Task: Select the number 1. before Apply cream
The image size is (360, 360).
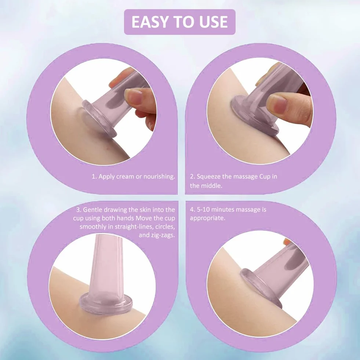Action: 94,176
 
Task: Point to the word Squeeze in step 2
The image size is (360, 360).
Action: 208,177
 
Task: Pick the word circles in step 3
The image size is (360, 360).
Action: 165,227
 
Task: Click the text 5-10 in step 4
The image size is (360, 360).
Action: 203,210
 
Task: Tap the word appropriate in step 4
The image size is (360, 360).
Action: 207,218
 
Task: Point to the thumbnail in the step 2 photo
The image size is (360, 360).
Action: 278,104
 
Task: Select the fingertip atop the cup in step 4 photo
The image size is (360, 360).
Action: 287,241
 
